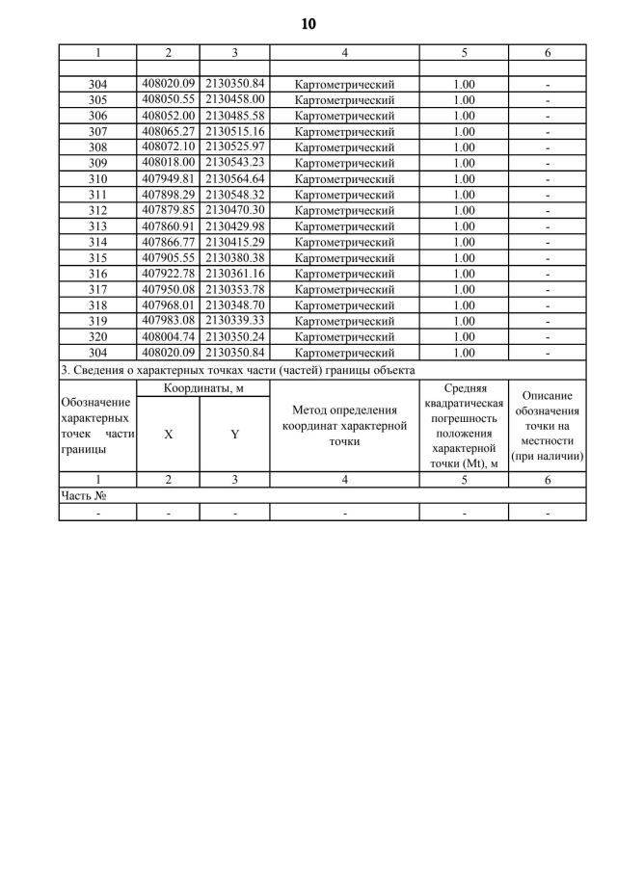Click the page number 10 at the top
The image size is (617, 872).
coord(308,23)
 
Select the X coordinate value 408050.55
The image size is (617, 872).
coord(168,99)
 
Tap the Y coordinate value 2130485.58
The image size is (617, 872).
coord(234,115)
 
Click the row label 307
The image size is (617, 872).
coord(97,131)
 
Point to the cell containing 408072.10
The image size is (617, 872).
coord(168,146)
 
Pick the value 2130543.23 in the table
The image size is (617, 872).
coord(234,162)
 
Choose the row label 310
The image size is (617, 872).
coord(97,178)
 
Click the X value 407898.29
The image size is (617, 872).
coord(168,194)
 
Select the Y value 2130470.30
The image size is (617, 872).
coord(234,209)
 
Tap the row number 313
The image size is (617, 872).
coord(97,225)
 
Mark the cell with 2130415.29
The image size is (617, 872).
coord(234,241)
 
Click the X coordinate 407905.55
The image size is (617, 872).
coord(168,256)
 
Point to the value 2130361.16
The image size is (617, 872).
coord(234,273)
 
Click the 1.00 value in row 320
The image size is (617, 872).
coord(464,336)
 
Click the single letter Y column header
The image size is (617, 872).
coord(234,435)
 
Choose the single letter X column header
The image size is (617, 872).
coord(168,435)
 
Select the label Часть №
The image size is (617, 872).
coord(83,495)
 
